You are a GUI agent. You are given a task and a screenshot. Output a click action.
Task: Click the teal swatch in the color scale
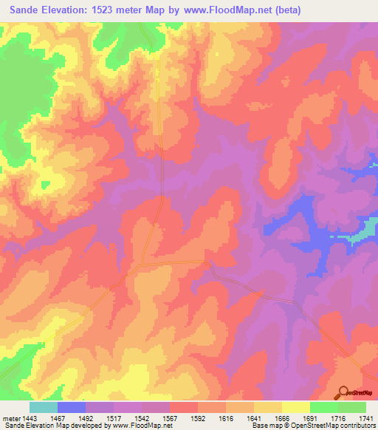(44, 407)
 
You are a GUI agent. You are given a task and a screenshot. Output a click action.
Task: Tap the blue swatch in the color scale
(72, 407)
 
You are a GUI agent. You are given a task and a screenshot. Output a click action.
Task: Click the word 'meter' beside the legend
(12, 417)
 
